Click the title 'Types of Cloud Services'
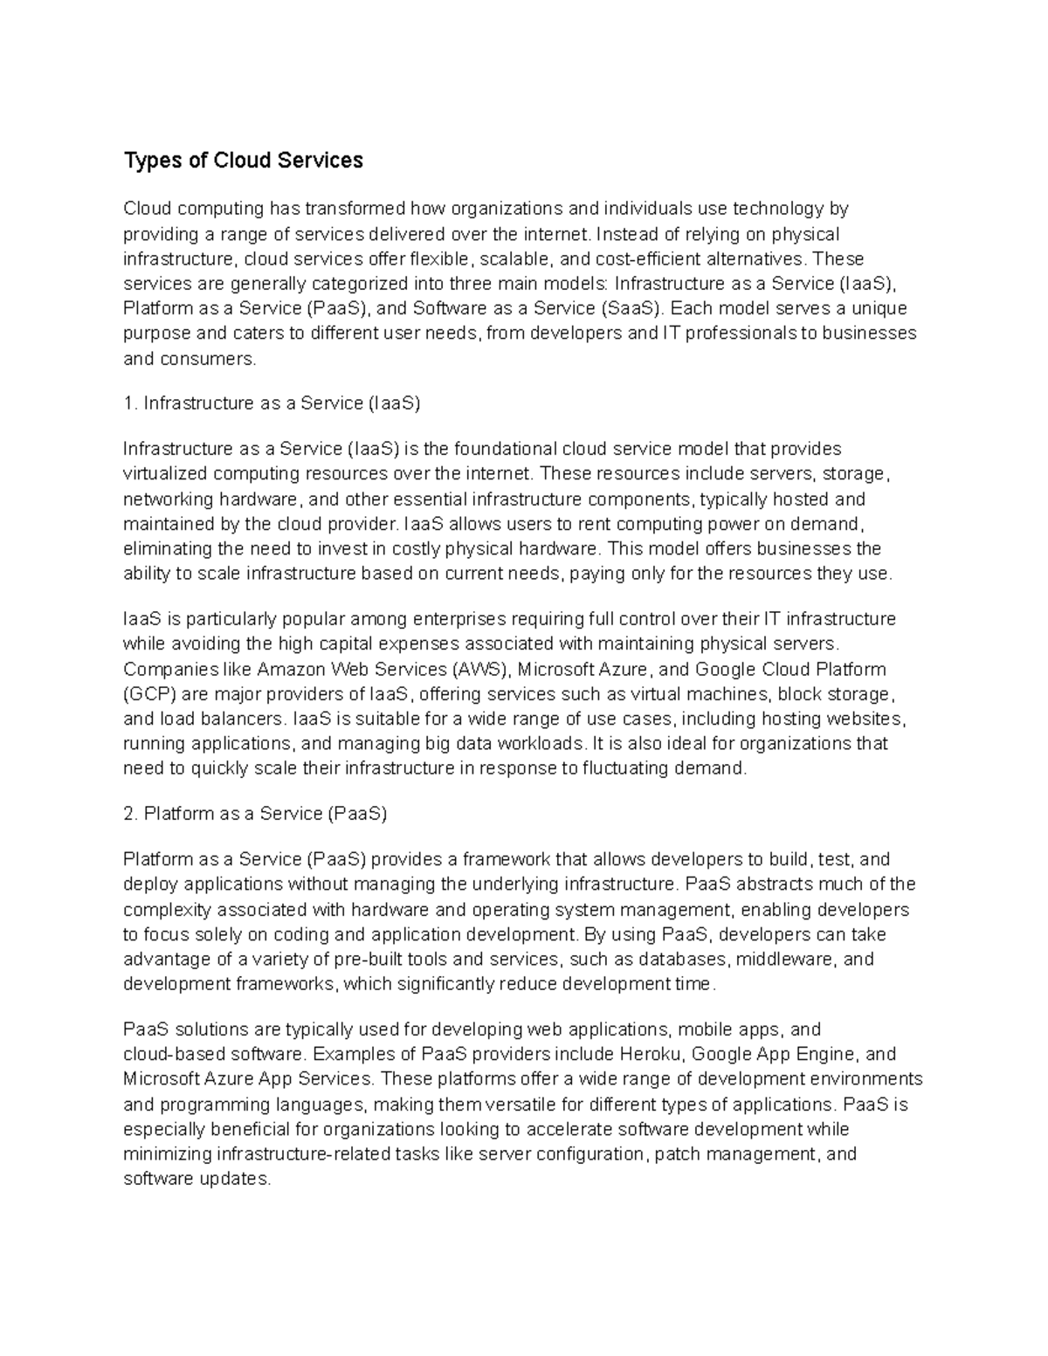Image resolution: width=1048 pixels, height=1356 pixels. pos(243,161)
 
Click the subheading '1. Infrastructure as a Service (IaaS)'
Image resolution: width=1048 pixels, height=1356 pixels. pos(272,403)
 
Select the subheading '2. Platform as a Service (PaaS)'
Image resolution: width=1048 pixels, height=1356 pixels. pos(255,814)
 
